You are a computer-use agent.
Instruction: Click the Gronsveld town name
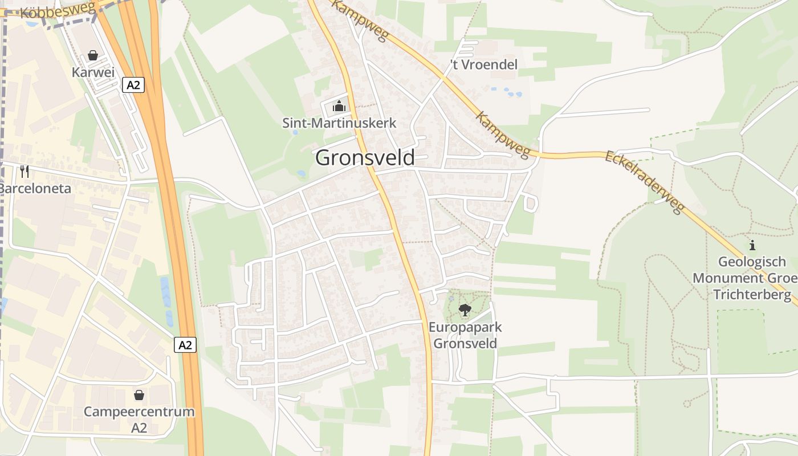[365, 157]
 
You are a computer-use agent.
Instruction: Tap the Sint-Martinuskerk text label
[339, 123]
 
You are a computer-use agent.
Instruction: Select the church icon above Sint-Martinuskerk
[339, 106]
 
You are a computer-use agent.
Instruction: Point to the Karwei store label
[93, 72]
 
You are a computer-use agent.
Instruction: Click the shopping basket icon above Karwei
[93, 55]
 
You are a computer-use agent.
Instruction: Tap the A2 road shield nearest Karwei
[133, 85]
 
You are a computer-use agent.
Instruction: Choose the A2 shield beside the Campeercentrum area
[185, 345]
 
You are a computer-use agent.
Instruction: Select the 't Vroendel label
[484, 64]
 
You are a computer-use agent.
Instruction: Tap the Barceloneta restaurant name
[35, 188]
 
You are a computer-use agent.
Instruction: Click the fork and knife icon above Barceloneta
[25, 171]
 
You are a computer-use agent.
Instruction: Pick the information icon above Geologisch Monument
[752, 246]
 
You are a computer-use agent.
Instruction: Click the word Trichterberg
[752, 295]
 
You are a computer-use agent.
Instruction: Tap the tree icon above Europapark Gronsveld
[465, 310]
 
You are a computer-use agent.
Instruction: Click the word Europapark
[465, 328]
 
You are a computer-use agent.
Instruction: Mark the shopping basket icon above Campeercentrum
[139, 394]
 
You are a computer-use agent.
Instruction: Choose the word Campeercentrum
[139, 412]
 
